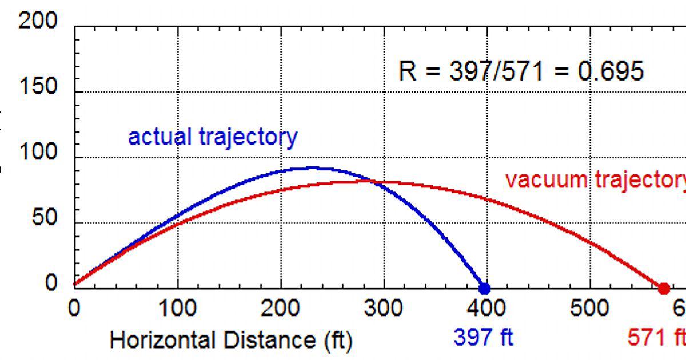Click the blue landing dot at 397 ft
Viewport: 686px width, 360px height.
point(484,288)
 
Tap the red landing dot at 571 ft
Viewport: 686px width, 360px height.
point(664,288)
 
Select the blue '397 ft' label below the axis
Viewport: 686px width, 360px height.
point(484,337)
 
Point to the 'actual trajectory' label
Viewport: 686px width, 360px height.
point(213,137)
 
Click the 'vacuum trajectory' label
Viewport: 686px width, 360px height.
point(595,180)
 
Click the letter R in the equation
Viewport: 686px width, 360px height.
point(407,71)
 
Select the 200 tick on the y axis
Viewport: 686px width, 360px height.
point(38,22)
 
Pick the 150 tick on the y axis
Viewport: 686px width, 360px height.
point(38,88)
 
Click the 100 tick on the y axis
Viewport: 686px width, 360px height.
point(38,154)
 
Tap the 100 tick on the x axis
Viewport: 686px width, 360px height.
point(177,309)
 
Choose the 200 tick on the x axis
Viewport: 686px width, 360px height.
point(280,309)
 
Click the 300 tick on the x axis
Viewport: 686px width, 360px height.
point(384,309)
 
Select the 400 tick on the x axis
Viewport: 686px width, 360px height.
point(486,309)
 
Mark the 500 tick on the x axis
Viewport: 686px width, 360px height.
point(589,309)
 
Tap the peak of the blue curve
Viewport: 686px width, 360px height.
point(312,167)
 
